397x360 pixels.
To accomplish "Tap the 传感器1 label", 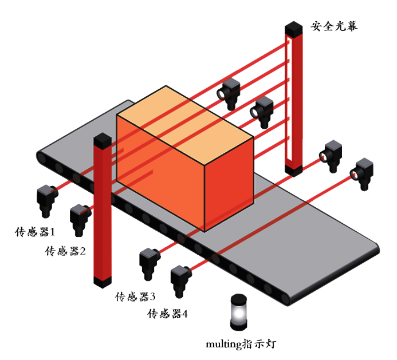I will pyautogui.click(x=34, y=232).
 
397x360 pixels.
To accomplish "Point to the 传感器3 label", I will pyautogui.click(x=136, y=296).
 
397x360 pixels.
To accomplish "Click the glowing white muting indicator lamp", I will pyautogui.click(x=237, y=314).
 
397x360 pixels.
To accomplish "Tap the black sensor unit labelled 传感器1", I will pyautogui.click(x=46, y=200).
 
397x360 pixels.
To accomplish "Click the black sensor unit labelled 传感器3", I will pyautogui.click(x=150, y=263).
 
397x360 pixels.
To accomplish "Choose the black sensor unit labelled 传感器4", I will pyautogui.click(x=181, y=280).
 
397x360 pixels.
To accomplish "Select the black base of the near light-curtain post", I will pyautogui.click(x=102, y=283).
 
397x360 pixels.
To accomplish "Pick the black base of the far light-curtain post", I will pyautogui.click(x=293, y=171).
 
